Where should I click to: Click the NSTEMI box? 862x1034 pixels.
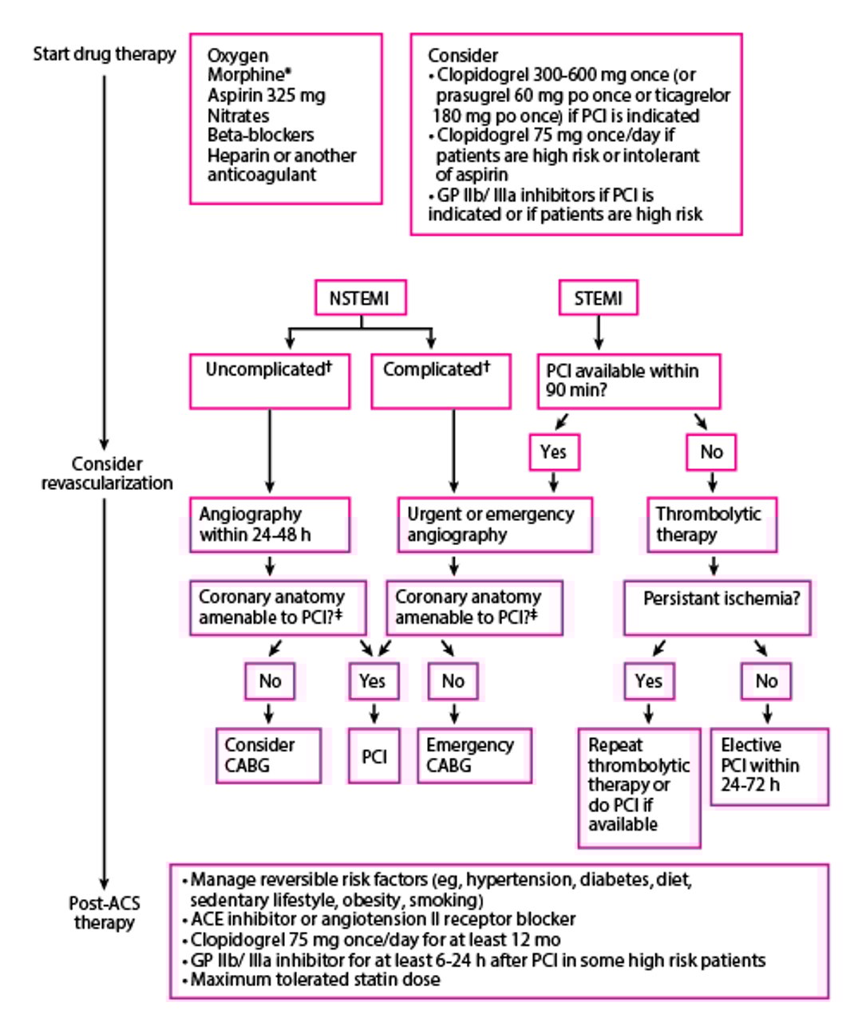click(x=360, y=298)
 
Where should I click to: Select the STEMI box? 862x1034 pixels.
click(x=598, y=298)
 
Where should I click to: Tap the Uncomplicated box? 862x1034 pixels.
click(x=269, y=381)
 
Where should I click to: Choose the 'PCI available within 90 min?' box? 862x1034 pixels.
click(x=627, y=381)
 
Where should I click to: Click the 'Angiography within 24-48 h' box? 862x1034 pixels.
click(x=269, y=524)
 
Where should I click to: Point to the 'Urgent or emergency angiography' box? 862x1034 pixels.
click(x=494, y=524)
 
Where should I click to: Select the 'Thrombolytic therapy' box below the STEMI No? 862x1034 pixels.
click(x=711, y=524)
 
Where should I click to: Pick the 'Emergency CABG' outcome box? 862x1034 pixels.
click(x=473, y=755)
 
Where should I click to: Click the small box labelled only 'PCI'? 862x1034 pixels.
click(x=374, y=756)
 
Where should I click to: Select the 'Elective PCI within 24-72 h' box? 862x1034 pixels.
click(x=769, y=766)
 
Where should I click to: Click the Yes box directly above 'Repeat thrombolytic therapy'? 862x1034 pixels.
click(x=648, y=681)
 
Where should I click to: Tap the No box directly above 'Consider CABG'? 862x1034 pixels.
click(x=269, y=681)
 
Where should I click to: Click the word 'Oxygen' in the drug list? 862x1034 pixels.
click(x=238, y=56)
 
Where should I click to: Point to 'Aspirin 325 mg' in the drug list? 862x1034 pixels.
click(x=266, y=96)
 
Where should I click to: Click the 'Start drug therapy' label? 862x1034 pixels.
click(x=105, y=54)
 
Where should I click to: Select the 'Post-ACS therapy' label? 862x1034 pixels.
click(x=105, y=913)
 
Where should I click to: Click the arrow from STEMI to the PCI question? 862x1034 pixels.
click(x=599, y=333)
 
